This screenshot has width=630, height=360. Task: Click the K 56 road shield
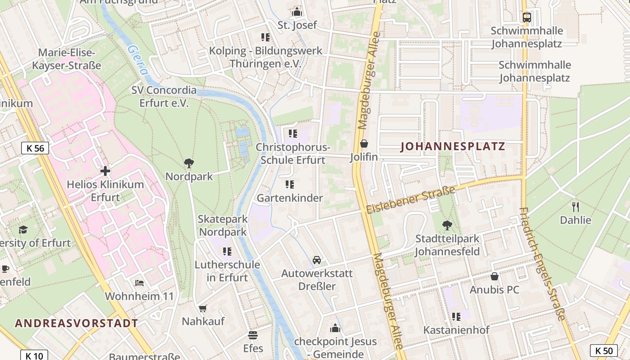35,148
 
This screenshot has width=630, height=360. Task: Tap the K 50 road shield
604,351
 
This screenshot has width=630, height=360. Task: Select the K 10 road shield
34,356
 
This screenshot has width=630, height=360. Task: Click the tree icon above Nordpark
189,163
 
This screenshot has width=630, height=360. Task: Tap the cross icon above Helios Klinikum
105,171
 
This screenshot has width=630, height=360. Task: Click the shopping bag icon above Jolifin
364,144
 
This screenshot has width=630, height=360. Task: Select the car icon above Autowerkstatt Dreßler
317,260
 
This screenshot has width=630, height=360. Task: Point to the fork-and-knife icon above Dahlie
575,207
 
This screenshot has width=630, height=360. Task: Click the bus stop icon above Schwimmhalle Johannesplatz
526,18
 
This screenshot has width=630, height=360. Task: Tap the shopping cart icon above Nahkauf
202,308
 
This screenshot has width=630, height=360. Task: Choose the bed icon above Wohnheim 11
139,283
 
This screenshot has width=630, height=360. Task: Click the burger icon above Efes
253,335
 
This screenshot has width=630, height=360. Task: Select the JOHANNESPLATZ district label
453,147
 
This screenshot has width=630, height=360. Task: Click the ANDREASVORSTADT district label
76,323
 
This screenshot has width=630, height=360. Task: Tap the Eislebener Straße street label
410,200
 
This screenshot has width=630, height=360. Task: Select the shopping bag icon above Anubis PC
495,276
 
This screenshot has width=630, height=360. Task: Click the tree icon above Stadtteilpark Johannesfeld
447,225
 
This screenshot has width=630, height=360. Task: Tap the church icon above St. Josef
297,12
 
